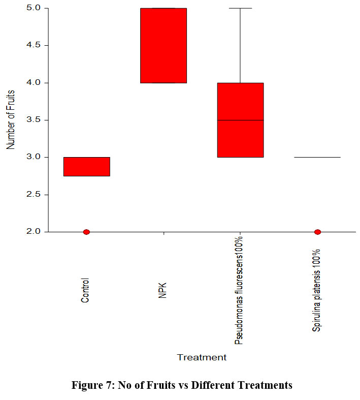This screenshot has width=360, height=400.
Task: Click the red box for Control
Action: point(87,166)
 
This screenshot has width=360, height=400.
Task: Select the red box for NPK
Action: point(163,45)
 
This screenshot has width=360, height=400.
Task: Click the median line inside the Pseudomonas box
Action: point(240,120)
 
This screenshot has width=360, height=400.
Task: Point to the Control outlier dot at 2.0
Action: point(86,232)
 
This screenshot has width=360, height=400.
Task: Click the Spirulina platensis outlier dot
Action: point(317,232)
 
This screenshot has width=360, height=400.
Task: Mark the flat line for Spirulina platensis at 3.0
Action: point(317,157)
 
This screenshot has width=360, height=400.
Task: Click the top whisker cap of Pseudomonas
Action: point(240,8)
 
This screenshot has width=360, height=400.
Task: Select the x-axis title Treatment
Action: point(202,357)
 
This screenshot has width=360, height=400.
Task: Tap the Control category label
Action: point(85,290)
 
